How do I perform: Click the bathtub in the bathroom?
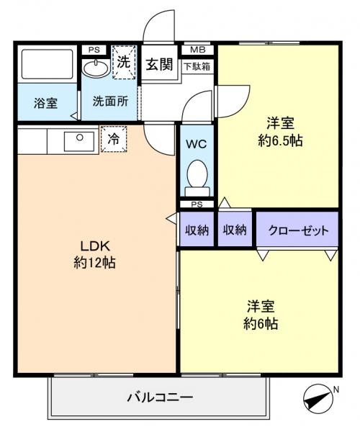pos(46,66)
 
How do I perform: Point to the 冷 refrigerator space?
pos(114,139)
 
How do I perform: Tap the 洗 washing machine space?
pos(124,63)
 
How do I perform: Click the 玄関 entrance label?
pos(160,65)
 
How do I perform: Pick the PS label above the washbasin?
pos(93,50)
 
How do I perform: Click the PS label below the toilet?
pos(196,204)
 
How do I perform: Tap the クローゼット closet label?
pos(297,230)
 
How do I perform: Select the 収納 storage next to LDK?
pos(197,230)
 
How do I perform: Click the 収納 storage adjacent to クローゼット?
pos(235,230)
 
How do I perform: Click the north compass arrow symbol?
pos(317,396)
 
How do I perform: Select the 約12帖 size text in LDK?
pos(94,262)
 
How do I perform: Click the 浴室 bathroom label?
pos(46,103)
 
